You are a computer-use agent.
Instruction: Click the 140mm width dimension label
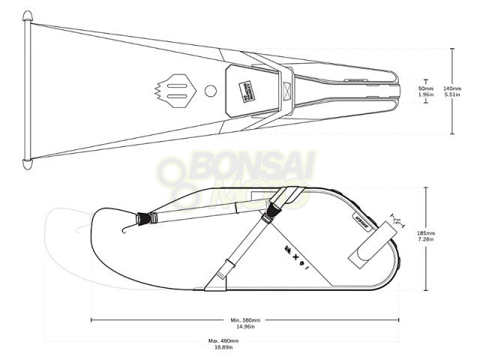pos(451,87)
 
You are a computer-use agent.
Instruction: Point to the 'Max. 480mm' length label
pos(223,341)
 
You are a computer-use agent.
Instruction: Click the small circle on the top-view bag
pos(211,91)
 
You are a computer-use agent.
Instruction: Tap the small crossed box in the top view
pos(286,91)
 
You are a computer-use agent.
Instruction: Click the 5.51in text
pos(451,94)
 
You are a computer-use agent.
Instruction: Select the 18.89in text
pos(223,348)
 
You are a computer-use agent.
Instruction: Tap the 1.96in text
pos(426,94)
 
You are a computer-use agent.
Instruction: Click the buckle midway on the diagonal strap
pos(229,267)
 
